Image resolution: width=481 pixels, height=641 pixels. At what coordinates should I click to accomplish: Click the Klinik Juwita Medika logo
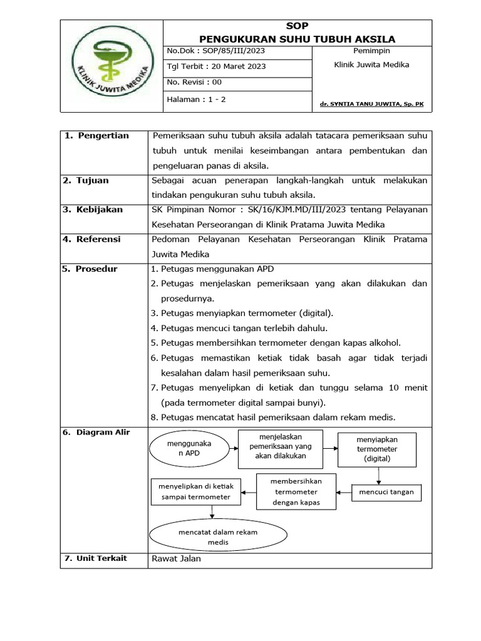(111, 66)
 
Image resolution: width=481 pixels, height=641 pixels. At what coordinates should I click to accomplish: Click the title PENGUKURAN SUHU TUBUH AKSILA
(297, 39)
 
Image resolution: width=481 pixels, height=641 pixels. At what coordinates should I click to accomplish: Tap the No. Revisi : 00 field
(194, 82)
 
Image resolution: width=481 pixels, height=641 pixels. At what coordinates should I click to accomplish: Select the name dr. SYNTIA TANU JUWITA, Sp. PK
(371, 104)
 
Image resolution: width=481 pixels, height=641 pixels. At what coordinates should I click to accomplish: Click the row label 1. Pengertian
(96, 136)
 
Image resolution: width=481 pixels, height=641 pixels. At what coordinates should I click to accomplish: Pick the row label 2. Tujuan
(86, 180)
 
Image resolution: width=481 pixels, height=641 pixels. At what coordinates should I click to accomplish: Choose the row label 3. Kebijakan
(93, 210)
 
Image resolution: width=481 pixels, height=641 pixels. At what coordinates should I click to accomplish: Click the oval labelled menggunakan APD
(189, 448)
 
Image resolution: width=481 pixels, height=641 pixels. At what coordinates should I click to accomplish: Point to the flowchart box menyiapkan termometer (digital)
(377, 449)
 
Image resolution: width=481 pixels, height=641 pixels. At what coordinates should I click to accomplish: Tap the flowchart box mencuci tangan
(386, 493)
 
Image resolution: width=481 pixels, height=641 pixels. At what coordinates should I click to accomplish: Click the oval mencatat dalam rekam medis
(218, 536)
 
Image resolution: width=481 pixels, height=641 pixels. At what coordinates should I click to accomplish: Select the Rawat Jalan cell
(177, 558)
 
